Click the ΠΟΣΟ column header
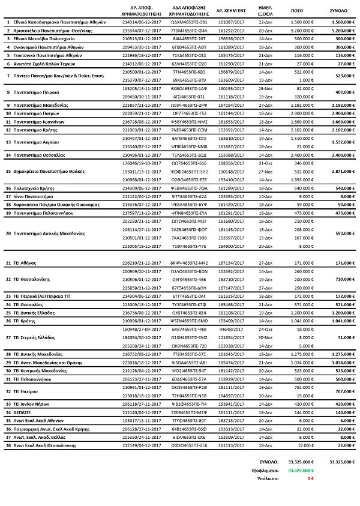pyautogui.click(x=297, y=11)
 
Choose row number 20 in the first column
pyautogui.click(x=8, y=233)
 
